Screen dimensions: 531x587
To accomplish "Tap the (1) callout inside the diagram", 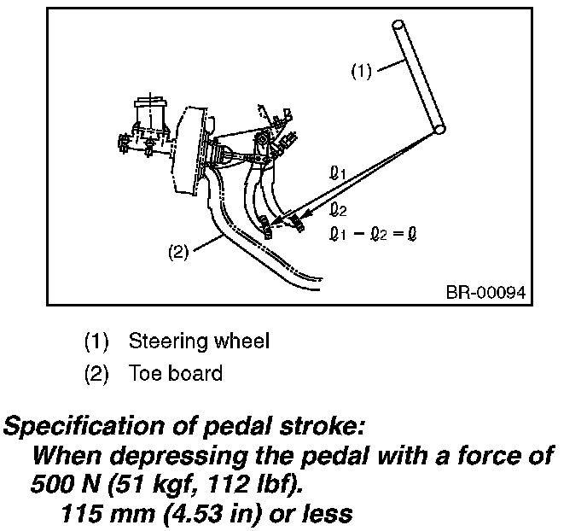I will pyautogui.click(x=361, y=72).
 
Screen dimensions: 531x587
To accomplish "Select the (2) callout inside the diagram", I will pyautogui.click(x=177, y=254).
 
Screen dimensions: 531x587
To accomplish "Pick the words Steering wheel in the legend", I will pyautogui.click(x=199, y=341).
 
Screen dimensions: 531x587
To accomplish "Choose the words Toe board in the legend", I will pyautogui.click(x=176, y=373).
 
